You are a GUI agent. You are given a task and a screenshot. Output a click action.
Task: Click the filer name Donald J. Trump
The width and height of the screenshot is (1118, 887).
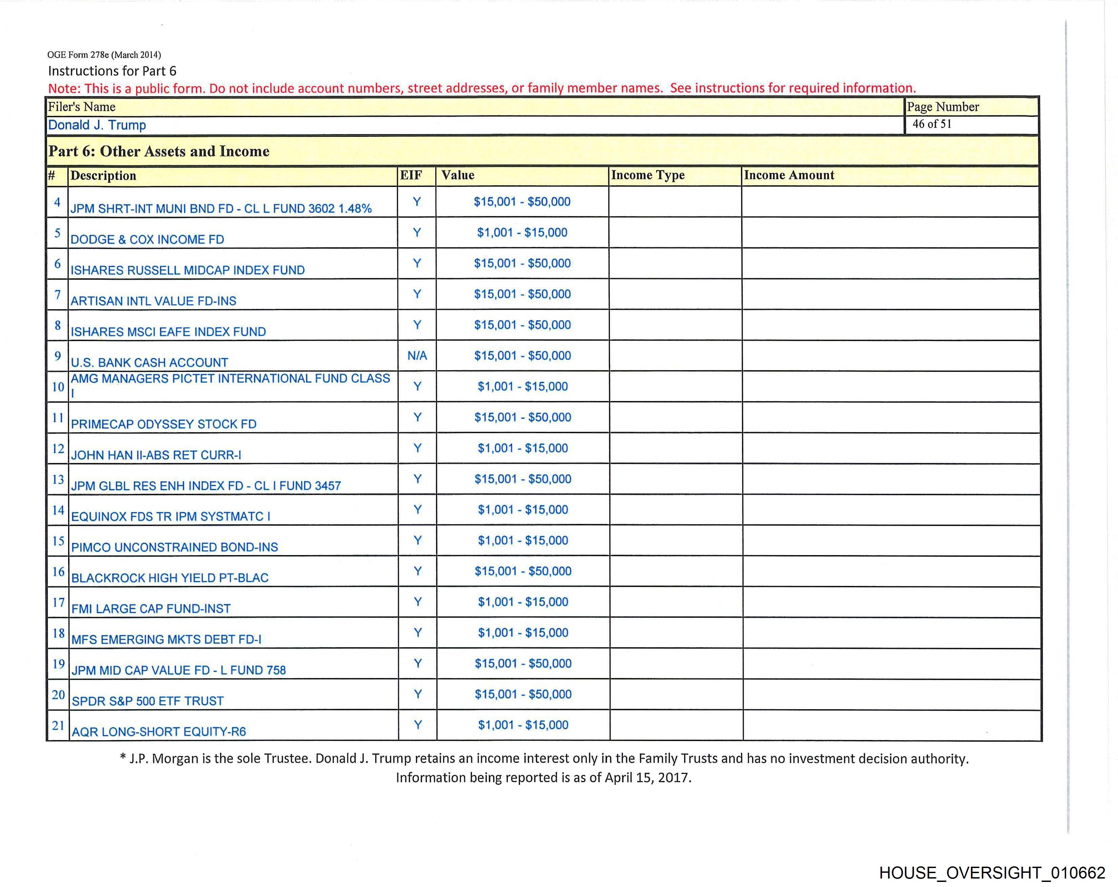click(x=97, y=125)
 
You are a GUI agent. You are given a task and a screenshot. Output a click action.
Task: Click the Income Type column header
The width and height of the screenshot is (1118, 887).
click(x=648, y=175)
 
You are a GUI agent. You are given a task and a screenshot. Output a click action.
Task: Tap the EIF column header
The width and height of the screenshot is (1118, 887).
click(x=411, y=175)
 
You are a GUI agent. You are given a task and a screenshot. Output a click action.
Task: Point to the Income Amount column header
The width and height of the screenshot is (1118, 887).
click(x=789, y=175)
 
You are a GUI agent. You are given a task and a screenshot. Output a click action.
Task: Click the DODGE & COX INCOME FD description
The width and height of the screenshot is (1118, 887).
click(x=147, y=239)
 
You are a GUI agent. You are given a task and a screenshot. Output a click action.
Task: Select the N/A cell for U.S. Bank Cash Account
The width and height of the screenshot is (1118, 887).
click(x=417, y=356)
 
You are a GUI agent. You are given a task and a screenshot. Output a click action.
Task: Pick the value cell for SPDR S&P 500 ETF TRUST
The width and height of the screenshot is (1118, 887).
click(x=523, y=694)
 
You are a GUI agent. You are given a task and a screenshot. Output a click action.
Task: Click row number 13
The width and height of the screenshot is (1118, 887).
click(x=58, y=479)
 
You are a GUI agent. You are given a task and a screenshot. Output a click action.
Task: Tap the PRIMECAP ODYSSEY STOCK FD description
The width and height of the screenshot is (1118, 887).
click(x=163, y=424)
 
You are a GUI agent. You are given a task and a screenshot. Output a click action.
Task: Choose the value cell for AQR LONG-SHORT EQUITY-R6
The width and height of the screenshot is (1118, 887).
click(x=523, y=725)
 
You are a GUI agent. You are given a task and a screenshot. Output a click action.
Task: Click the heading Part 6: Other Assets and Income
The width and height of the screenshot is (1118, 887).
click(x=159, y=151)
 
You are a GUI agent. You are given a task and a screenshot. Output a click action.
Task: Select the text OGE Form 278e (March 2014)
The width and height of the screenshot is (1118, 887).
click(x=104, y=55)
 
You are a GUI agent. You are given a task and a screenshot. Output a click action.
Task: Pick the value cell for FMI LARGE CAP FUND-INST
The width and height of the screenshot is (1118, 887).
click(x=523, y=602)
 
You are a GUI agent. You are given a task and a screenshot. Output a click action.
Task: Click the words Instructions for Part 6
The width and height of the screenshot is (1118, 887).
click(x=112, y=71)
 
